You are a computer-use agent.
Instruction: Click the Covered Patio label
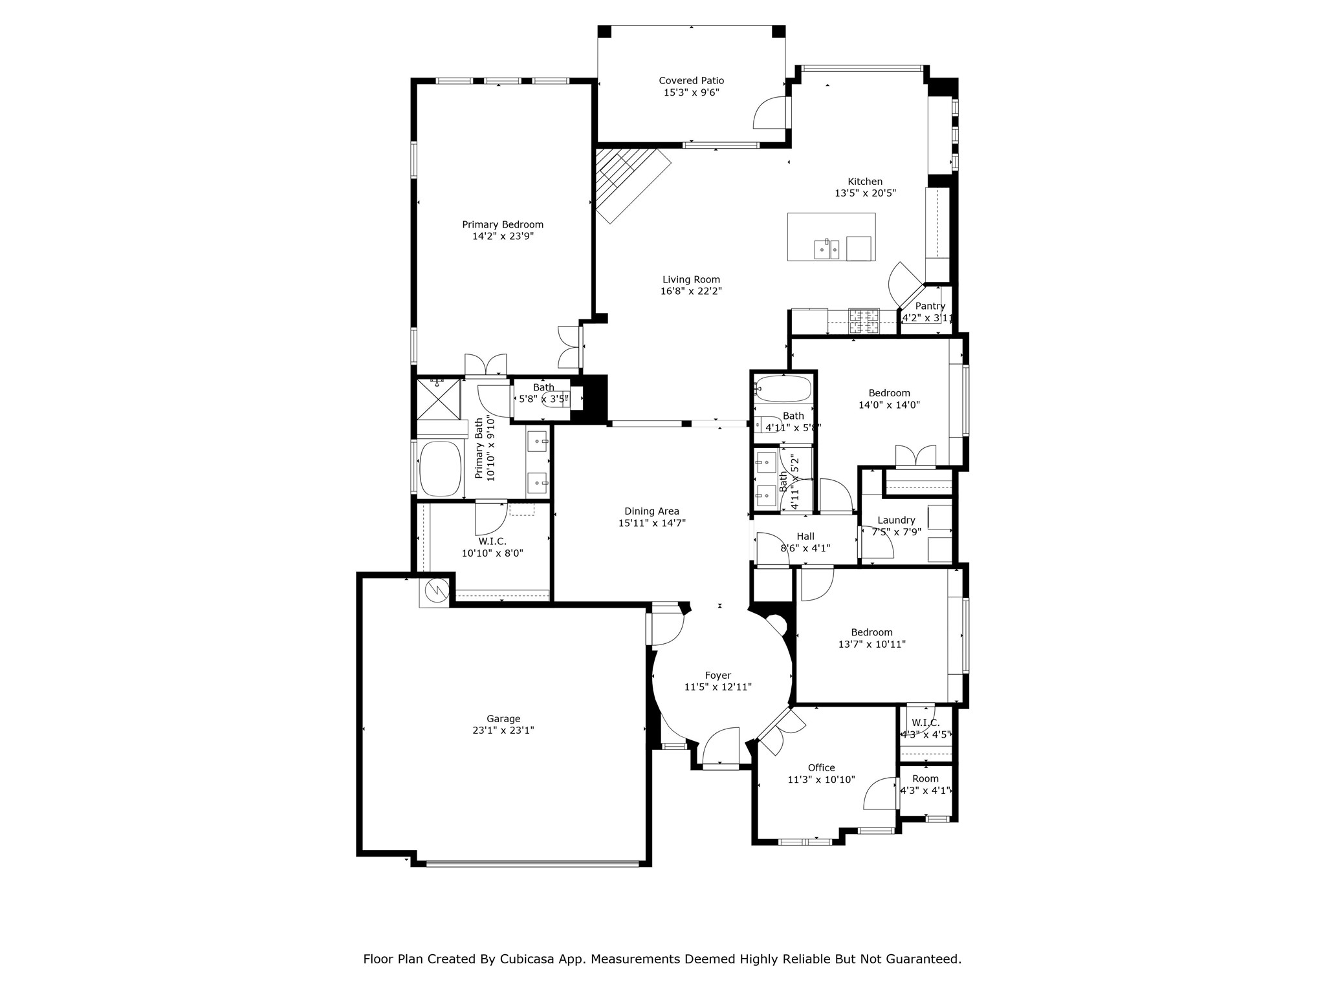[x=691, y=81]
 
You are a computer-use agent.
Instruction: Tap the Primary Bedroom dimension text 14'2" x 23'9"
[x=503, y=237]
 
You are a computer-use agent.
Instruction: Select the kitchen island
[x=831, y=237]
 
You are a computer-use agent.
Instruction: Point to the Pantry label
[x=930, y=306]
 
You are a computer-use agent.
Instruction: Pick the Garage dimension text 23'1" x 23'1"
[x=503, y=731]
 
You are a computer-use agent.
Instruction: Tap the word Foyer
[x=717, y=676]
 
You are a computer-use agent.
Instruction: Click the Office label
[x=821, y=768]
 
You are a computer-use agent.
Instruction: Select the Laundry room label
[x=896, y=520]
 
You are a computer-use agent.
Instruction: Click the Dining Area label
[x=652, y=511]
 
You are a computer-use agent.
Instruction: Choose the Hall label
[x=805, y=537]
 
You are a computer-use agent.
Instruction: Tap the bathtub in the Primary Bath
[x=440, y=468]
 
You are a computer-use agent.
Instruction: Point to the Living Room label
[x=691, y=280]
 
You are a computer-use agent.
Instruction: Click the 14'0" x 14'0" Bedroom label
[x=889, y=393]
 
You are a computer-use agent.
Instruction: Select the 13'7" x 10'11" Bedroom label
[x=871, y=633]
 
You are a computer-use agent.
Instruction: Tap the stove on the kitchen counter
[x=864, y=321]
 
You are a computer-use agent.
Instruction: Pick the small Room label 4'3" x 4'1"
[x=925, y=779]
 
